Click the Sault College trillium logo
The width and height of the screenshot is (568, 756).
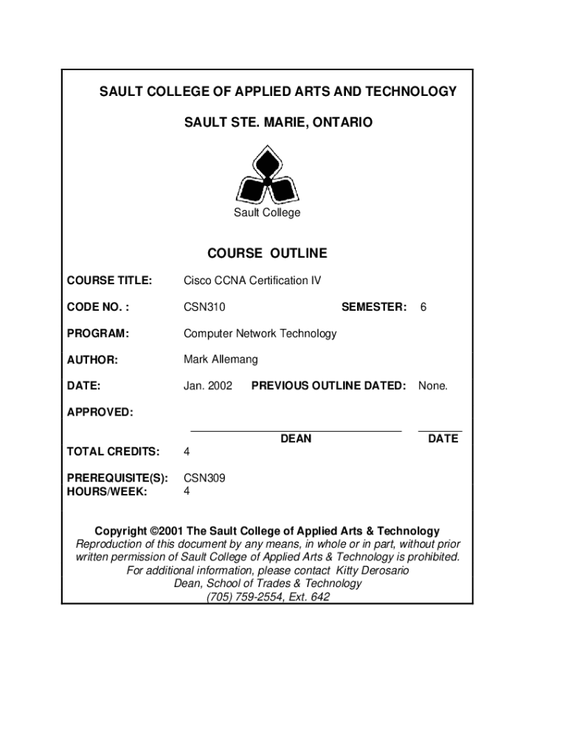click(267, 176)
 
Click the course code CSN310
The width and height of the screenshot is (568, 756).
click(204, 307)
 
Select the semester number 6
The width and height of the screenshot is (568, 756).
click(423, 307)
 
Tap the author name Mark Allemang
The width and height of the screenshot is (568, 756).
click(221, 360)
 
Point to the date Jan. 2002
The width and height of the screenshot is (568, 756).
click(208, 385)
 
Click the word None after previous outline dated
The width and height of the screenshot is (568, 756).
click(433, 385)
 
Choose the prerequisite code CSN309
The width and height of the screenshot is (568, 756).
click(204, 478)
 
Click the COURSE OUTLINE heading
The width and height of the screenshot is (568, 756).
click(267, 253)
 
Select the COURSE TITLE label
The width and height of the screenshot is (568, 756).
click(109, 281)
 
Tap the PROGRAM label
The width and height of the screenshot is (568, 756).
click(97, 333)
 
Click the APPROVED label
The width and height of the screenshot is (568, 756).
click(100, 412)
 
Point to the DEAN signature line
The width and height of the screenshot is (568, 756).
click(296, 430)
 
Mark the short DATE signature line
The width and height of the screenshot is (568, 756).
click(440, 430)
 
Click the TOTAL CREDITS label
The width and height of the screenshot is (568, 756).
click(113, 451)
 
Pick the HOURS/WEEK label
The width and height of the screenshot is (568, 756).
click(107, 491)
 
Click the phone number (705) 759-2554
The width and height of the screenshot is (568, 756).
click(245, 597)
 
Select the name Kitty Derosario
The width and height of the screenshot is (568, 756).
click(373, 571)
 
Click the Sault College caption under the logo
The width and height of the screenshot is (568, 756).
click(267, 213)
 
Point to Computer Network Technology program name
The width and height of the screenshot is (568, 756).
click(260, 333)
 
